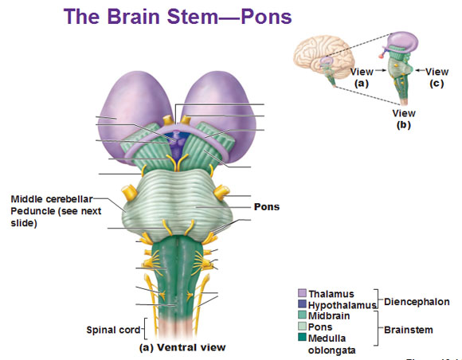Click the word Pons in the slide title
pyautogui.click(x=266, y=17)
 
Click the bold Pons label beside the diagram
pyautogui.click(x=267, y=207)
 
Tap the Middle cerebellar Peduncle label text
pyautogui.click(x=56, y=211)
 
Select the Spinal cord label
pyautogui.click(x=113, y=330)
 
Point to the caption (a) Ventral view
pyautogui.click(x=182, y=347)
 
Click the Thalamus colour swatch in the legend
pyautogui.click(x=303, y=293)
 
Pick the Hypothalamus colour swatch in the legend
pyautogui.click(x=303, y=304)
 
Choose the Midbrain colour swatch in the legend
pyautogui.click(x=303, y=315)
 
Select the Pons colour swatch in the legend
pyautogui.click(x=303, y=326)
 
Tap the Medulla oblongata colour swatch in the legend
pyautogui.click(x=303, y=337)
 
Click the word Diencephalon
pyautogui.click(x=417, y=302)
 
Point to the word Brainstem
pyautogui.click(x=409, y=330)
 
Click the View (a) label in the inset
pyautogui.click(x=362, y=77)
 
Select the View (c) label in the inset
pyautogui.click(x=437, y=77)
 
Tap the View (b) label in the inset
pyautogui.click(x=404, y=119)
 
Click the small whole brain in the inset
pyautogui.click(x=323, y=57)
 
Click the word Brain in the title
pyautogui.click(x=135, y=17)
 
